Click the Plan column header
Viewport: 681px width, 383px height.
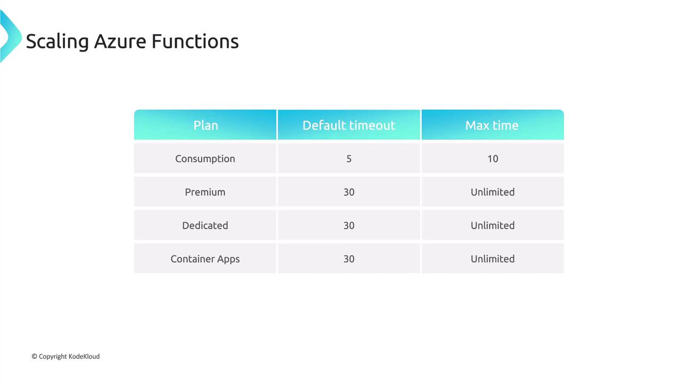(x=205, y=125)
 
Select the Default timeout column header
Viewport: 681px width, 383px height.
(x=348, y=125)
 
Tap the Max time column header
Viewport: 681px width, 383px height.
(x=492, y=125)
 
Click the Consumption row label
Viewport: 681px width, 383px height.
(x=205, y=159)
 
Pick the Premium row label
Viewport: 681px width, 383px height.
(x=205, y=192)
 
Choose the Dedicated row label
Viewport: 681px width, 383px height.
(x=205, y=226)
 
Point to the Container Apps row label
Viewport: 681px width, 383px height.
(x=205, y=259)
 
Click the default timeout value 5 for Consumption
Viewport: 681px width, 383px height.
(x=349, y=159)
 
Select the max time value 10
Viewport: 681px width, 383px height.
(x=493, y=159)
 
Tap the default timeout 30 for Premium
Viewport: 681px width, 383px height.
(x=349, y=192)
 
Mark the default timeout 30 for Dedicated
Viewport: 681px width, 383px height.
(x=349, y=226)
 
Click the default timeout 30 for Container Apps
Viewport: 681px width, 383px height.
(x=349, y=259)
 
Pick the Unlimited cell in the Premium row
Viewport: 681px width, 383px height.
(x=493, y=192)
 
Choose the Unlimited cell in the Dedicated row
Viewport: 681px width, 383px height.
(x=493, y=226)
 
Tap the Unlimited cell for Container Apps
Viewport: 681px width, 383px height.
(x=493, y=259)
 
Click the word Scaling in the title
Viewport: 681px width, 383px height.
(x=57, y=41)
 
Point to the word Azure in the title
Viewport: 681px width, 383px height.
(x=120, y=41)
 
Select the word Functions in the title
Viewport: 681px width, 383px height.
(x=195, y=41)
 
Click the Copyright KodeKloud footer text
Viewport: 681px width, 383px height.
(x=65, y=356)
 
